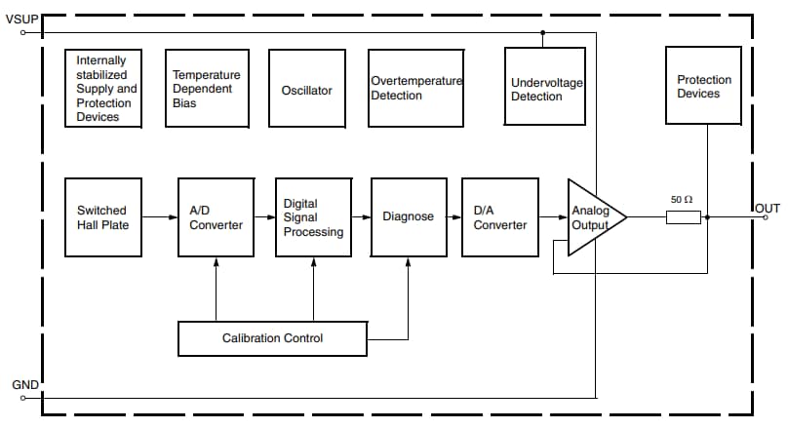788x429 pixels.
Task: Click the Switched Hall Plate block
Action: pyautogui.click(x=102, y=216)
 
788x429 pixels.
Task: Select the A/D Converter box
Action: pyautogui.click(x=216, y=216)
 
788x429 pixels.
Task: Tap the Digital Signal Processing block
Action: pyautogui.click(x=313, y=216)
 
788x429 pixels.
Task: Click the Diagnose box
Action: pyautogui.click(x=409, y=216)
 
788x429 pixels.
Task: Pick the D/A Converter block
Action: pyautogui.click(x=500, y=216)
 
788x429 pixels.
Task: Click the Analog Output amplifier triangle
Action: pyautogui.click(x=592, y=217)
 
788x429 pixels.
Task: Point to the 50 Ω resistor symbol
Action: pyautogui.click(x=683, y=217)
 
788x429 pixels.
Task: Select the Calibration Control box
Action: pyautogui.click(x=272, y=338)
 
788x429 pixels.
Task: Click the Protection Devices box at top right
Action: pyautogui.click(x=698, y=86)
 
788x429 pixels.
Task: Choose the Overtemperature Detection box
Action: pyautogui.click(x=415, y=88)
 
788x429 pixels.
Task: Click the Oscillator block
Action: pyautogui.click(x=306, y=90)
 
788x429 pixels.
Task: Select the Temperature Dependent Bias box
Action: pyautogui.click(x=206, y=88)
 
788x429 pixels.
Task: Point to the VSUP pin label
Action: pyautogui.click(x=20, y=19)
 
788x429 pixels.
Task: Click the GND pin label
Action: pyautogui.click(x=24, y=385)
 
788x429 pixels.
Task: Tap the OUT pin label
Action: pyautogui.click(x=768, y=208)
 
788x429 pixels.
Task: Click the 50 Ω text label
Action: pyautogui.click(x=682, y=199)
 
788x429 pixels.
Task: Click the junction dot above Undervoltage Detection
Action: pyautogui.click(x=542, y=32)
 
